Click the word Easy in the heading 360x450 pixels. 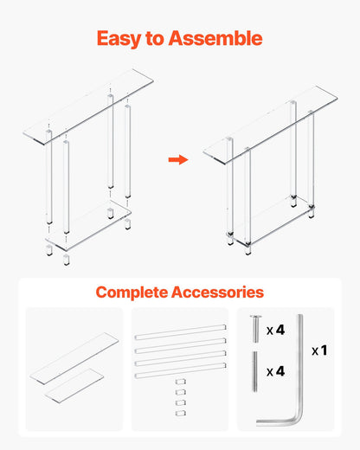(121, 38)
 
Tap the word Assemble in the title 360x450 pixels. (216, 38)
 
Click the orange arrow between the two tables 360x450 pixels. (177, 159)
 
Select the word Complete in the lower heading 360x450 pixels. (138, 292)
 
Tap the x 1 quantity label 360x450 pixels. (319, 351)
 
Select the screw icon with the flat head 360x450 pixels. (254, 330)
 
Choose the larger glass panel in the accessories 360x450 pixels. (75, 357)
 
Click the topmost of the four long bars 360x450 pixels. (180, 331)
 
